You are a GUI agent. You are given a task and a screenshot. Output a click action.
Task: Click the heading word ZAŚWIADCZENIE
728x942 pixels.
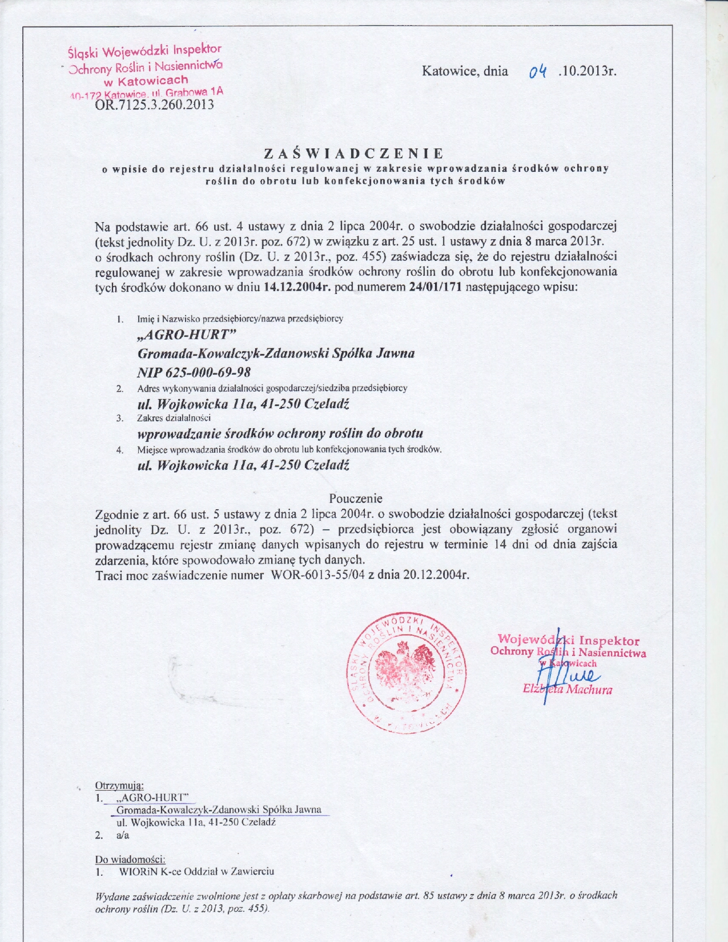353,154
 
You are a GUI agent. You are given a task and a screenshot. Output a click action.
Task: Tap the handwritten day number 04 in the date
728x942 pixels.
538,72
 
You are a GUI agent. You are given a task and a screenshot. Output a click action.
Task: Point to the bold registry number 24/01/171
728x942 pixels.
436,287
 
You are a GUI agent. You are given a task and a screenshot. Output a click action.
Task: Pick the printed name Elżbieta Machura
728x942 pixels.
568,690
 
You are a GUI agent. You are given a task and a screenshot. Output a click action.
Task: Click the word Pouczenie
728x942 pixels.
356,498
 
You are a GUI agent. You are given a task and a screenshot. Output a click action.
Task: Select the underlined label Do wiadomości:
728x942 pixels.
130,859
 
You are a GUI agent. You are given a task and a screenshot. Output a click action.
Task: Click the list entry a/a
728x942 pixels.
122,835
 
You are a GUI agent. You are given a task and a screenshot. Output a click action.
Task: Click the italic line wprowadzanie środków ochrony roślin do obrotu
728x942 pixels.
280,433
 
